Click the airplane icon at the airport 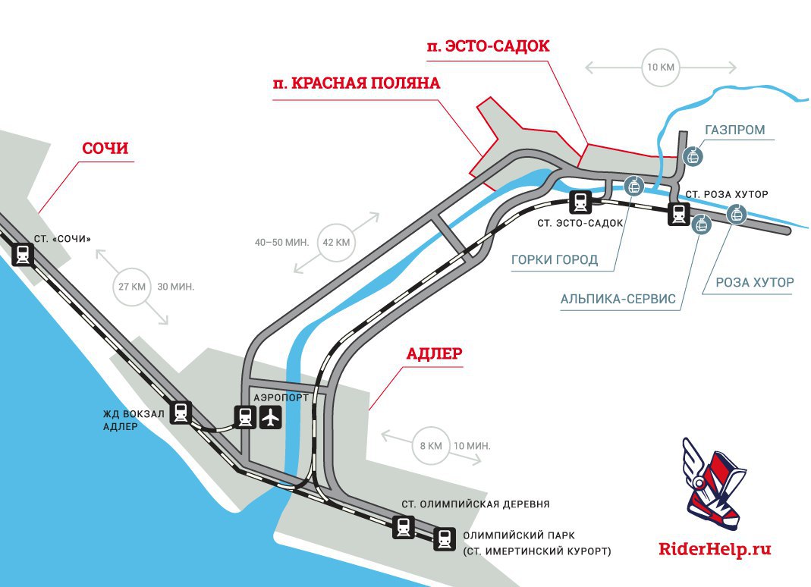(x=271, y=417)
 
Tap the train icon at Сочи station (x=23, y=255)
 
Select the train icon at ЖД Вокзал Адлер (x=181, y=413)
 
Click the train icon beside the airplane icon (x=244, y=417)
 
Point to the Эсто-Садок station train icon (x=581, y=202)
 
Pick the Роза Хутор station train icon (x=678, y=214)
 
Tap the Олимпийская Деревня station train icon (x=403, y=527)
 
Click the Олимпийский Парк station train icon (x=445, y=539)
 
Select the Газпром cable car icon (x=693, y=156)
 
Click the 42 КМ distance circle (x=336, y=242)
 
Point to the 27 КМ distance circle (x=132, y=287)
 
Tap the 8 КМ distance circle (x=431, y=446)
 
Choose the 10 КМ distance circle (x=661, y=67)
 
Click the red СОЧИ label (x=105, y=149)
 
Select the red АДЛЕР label (x=435, y=353)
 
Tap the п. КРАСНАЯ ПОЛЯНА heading (x=357, y=83)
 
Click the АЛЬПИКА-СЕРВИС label (x=618, y=299)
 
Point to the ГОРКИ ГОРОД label (x=555, y=259)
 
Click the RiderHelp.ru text (x=715, y=549)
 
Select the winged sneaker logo (x=712, y=484)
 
